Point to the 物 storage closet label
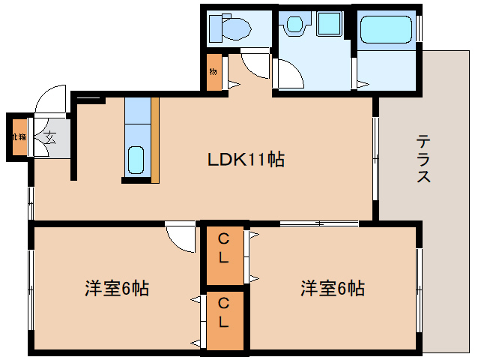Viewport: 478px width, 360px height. pos(214,73)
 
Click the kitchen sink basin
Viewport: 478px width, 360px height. pos(136,159)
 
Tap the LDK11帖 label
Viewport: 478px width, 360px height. pos(246,159)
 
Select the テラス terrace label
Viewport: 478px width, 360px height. pos(423,158)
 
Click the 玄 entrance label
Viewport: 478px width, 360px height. pos(49,136)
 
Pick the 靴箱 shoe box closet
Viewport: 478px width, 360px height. pos(17,137)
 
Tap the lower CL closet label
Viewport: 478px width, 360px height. pos(225,313)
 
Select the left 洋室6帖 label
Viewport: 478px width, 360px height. pos(116,288)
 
